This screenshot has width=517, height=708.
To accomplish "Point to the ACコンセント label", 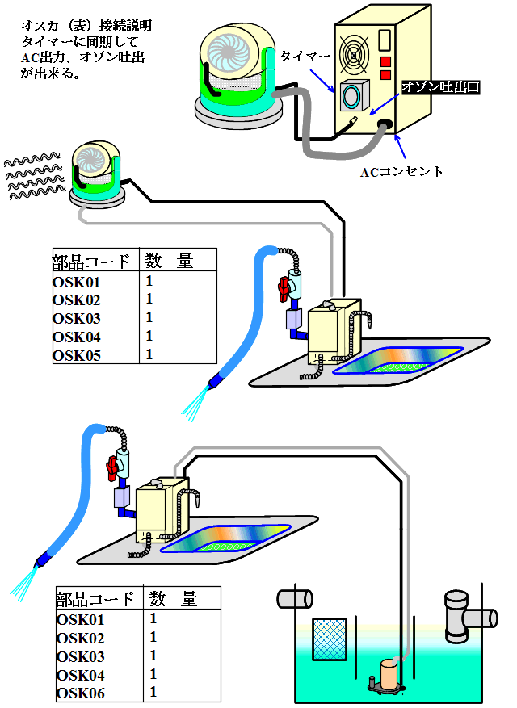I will [401, 172].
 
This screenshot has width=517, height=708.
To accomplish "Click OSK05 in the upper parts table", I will [77, 355].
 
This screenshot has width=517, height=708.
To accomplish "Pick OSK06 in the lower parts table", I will [80, 693].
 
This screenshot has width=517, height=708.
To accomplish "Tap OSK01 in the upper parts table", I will [77, 283].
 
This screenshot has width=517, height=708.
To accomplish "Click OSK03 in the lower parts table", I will [80, 657].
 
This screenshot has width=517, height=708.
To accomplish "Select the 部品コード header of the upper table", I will [90, 262].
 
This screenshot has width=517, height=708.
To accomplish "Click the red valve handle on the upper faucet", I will [284, 290].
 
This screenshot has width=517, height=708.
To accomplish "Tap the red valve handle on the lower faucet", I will [111, 467].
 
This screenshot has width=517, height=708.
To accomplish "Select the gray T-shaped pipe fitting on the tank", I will [458, 614].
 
